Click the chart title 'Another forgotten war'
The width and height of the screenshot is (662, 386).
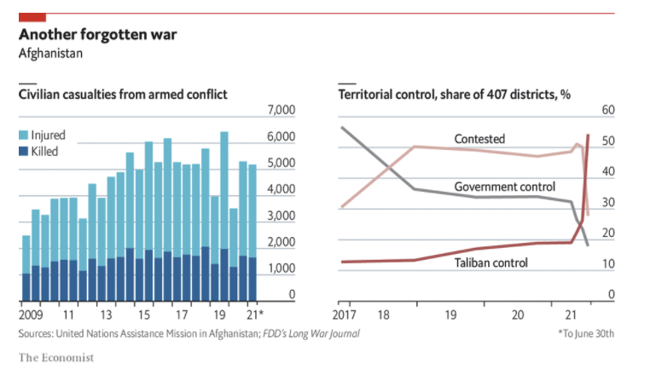pyautogui.click(x=98, y=36)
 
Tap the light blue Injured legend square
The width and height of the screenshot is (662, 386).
pyautogui.click(x=24, y=135)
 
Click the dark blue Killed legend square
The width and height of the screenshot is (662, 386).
pyautogui.click(x=24, y=151)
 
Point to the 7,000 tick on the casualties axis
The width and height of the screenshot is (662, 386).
pyautogui.click(x=281, y=111)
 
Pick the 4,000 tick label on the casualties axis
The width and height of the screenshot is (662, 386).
pyautogui.click(x=281, y=190)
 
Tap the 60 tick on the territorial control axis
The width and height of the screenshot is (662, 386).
pyautogui.click(x=608, y=111)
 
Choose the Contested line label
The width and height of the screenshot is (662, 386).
pyautogui.click(x=479, y=139)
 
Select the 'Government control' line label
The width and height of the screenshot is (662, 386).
pyautogui.click(x=504, y=187)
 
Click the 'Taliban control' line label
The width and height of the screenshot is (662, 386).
pyautogui.click(x=491, y=262)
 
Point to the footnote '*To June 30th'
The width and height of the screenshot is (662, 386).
pyautogui.click(x=585, y=332)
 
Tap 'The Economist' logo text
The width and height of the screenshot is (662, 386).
pyautogui.click(x=56, y=357)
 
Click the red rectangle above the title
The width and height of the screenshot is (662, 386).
pyautogui.click(x=32, y=17)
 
